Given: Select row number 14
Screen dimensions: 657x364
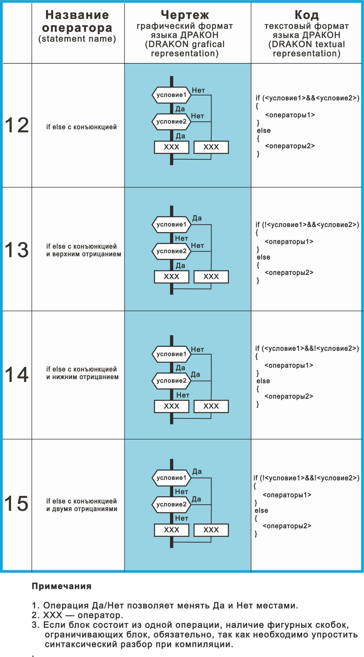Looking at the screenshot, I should (x=17, y=374).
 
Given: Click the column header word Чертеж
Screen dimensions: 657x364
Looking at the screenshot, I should (x=185, y=15).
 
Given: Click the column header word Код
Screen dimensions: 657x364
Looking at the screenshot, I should (x=307, y=15).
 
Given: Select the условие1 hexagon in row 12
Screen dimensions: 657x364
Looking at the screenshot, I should (x=172, y=95).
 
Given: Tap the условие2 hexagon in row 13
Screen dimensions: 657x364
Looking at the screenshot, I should (x=172, y=251).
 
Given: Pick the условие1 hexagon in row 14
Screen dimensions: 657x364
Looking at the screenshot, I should (x=172, y=354).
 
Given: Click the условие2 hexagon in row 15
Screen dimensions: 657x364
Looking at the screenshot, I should (x=172, y=504).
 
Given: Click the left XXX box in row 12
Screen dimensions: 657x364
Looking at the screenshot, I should (x=172, y=147).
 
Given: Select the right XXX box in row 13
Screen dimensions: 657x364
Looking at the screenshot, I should (x=211, y=277).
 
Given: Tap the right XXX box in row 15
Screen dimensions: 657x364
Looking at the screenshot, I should (x=211, y=530).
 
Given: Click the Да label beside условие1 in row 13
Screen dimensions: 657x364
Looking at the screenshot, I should (x=197, y=218).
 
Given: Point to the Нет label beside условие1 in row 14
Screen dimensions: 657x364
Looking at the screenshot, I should (x=197, y=349).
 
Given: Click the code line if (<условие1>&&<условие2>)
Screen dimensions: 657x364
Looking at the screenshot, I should (x=307, y=98).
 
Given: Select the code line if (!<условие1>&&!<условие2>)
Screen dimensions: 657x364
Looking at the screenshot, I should (x=306, y=478).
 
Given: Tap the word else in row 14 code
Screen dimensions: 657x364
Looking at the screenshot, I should (x=263, y=381).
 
